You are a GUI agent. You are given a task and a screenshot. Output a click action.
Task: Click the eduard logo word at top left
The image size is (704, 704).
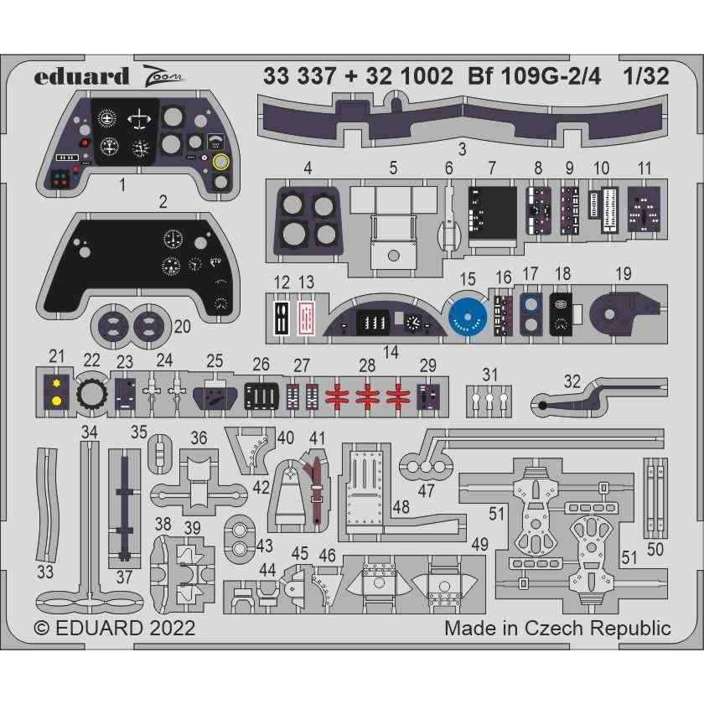coord(82,77)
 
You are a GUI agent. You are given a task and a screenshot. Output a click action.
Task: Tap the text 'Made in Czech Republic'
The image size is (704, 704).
coord(557,629)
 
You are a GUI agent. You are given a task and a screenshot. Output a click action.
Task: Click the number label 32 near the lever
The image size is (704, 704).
coord(572,381)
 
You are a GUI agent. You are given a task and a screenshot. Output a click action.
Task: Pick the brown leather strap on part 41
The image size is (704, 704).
coord(314,494)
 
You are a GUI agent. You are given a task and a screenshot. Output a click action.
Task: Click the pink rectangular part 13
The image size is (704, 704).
coord(308,318)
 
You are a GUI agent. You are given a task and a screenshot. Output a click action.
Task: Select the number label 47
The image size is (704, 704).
coord(427,492)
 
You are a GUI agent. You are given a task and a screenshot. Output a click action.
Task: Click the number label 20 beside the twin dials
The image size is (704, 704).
coord(182,326)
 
